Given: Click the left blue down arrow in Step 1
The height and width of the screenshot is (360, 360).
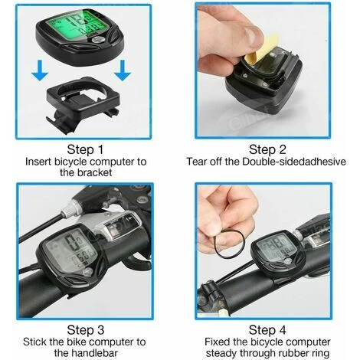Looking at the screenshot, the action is point(40,70).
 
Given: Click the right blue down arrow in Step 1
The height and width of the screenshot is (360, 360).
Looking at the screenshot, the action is point(123,70).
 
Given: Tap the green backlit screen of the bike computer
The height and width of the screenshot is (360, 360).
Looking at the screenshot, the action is point(77,25).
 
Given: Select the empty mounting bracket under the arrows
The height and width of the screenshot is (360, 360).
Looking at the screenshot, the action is point(83,103).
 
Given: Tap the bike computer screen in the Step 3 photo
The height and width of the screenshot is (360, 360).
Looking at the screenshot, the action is point(72,250).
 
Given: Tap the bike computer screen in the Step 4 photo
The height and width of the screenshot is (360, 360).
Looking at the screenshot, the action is point(277,249).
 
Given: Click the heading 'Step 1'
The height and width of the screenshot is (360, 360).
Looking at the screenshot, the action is point(85,149).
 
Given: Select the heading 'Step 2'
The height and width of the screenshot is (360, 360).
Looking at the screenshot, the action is point(267,149).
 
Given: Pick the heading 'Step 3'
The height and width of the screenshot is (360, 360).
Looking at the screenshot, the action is point(86,330).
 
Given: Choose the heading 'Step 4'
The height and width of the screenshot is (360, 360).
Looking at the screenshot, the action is point(267,330).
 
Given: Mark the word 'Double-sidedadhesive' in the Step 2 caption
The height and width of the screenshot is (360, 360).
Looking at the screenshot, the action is point(294,162).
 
